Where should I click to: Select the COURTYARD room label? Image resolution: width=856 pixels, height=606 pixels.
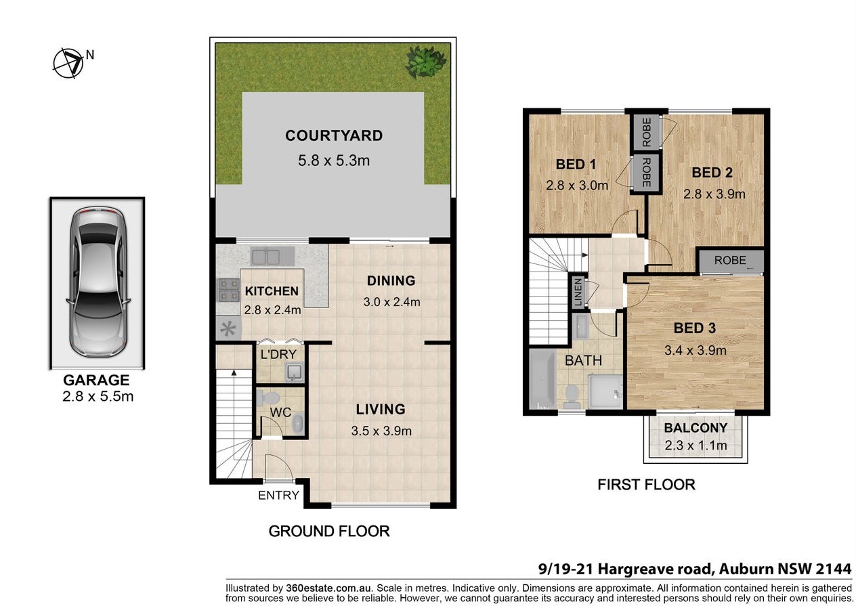(x=334, y=135)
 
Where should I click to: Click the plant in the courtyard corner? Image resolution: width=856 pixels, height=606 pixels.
(x=426, y=62)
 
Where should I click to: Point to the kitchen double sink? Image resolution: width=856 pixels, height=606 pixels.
(x=272, y=256)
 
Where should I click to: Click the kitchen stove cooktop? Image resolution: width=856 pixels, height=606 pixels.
(x=228, y=290)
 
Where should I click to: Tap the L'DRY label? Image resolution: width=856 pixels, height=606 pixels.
(x=278, y=355)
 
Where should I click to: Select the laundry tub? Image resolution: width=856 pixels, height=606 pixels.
(x=294, y=372)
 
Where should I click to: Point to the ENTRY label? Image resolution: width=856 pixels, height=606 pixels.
(x=278, y=495)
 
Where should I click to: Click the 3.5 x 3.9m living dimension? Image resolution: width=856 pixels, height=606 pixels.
(x=381, y=431)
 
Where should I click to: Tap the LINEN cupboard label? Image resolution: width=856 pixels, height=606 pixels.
(x=578, y=293)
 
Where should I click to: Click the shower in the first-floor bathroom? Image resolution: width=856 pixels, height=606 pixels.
(x=605, y=391)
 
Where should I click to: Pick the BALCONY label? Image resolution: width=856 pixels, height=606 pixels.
(x=695, y=428)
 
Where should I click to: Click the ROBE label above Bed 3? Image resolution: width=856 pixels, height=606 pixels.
(x=730, y=260)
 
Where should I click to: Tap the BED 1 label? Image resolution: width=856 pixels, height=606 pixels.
(x=576, y=165)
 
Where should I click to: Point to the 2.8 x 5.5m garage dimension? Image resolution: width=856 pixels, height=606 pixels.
(x=98, y=397)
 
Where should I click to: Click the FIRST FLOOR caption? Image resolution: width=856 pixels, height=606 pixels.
(x=646, y=485)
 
